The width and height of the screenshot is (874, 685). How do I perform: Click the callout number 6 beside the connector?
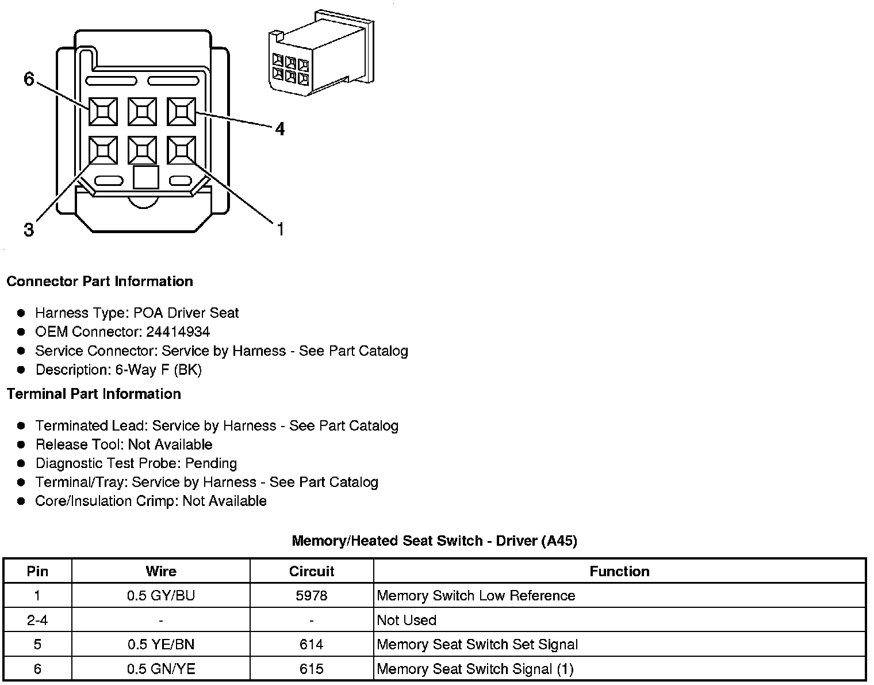pos(29,79)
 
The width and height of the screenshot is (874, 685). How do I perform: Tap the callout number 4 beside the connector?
pos(279,129)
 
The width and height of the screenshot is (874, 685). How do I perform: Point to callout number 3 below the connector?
pos(29,230)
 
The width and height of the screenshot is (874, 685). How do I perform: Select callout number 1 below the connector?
pos(280,229)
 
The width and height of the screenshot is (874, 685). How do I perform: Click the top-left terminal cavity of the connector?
pos(103,111)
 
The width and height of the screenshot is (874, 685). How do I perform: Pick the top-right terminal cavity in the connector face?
pos(181,111)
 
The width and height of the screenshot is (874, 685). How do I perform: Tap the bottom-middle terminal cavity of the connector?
pos(142,150)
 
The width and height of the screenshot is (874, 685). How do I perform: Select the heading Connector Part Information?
pos(99,281)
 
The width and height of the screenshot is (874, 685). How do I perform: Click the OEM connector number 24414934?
pos(178,332)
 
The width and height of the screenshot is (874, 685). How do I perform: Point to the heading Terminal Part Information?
pos(94,394)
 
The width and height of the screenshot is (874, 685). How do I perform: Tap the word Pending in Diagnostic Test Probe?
pos(211,463)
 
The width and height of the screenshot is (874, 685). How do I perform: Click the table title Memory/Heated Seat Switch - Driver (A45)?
pos(434,541)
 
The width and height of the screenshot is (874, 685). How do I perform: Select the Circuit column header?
pos(311,571)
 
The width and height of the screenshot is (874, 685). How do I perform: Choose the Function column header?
pos(619,571)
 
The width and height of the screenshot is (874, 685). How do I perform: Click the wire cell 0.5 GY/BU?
pos(161,595)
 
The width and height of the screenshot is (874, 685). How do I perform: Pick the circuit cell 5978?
pos(311,595)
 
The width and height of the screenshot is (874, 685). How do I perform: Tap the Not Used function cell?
pos(407,620)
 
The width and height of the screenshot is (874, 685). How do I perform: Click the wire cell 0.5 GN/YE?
pos(161,669)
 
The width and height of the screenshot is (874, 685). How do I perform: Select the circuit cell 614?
pos(311,644)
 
